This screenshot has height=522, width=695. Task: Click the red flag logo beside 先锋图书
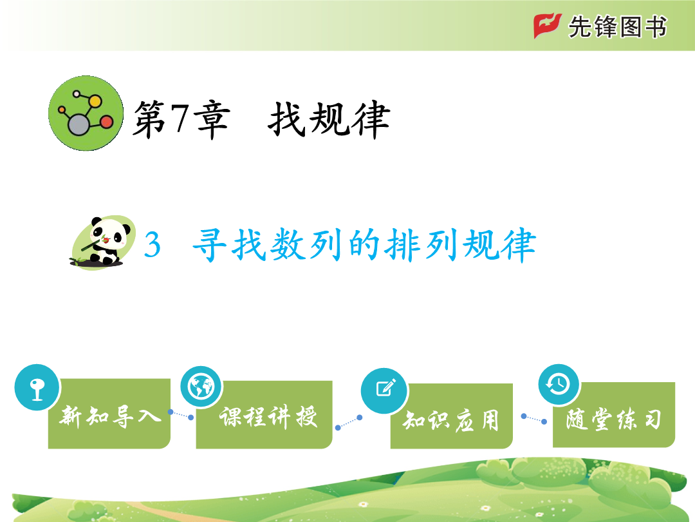pos(547,26)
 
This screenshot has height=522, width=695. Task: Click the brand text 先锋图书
pos(617,26)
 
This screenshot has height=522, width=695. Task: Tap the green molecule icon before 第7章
pos(86,113)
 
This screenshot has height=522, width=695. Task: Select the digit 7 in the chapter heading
pos(180,118)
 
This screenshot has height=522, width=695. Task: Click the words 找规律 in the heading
pos(329,119)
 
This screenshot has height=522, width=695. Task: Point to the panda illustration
pos(103,242)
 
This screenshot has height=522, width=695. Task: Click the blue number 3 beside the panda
pos(152,244)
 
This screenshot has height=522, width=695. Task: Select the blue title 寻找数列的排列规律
pos(364,244)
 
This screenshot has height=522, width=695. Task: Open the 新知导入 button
pos(109,413)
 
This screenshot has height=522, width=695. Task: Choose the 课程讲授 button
pos(264,414)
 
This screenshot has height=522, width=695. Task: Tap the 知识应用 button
pos(451,416)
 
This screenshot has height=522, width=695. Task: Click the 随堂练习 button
pos(614,414)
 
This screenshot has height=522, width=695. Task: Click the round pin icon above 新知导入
pos(37,387)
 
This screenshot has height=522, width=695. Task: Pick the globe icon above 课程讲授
pos(201,387)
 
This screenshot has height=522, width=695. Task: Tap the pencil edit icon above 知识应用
pos(385,391)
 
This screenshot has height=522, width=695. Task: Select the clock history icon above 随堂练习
pos(559,384)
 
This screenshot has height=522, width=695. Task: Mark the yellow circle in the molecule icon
pos(95,102)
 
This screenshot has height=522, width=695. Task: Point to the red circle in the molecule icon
pos(106,122)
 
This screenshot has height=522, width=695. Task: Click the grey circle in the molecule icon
pos(79,124)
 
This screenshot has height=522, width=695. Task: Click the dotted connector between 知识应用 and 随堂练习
pos(534,419)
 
